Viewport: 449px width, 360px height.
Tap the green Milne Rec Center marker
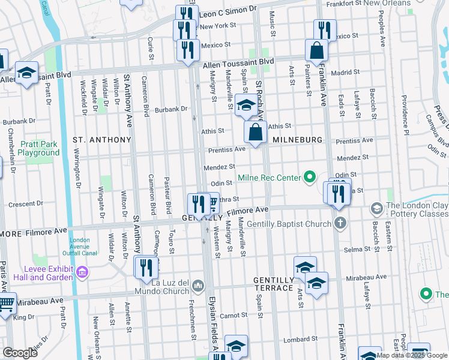click(310, 177)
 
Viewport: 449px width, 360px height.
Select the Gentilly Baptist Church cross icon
click(340, 224)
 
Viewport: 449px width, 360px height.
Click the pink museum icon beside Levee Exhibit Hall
click(83, 273)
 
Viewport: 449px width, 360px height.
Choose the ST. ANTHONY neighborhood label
click(101, 139)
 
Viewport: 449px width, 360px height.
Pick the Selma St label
click(354, 249)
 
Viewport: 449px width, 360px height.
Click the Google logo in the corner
click(20, 353)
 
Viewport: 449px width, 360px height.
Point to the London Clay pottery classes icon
click(377, 209)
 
